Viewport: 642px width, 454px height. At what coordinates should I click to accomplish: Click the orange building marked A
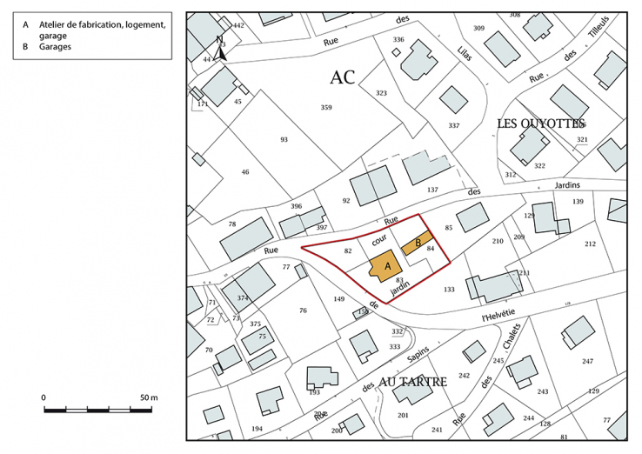[x=381, y=266]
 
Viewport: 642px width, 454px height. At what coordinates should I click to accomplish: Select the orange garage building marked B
[x=418, y=243]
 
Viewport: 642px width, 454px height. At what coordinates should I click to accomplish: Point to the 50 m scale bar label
[x=148, y=397]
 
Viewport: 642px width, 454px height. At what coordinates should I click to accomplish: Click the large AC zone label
[x=342, y=77]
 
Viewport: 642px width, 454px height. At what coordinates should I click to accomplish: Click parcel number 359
[x=326, y=108]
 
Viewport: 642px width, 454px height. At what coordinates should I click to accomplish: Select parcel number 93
[x=284, y=139]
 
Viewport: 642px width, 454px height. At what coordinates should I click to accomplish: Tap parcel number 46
[x=245, y=172]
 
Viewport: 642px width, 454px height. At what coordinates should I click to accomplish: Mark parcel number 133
[x=449, y=289]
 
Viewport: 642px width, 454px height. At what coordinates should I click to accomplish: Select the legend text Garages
[x=55, y=47]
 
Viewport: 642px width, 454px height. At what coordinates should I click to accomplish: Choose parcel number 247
[x=588, y=361]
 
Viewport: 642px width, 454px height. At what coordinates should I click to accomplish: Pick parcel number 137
[x=432, y=189]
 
